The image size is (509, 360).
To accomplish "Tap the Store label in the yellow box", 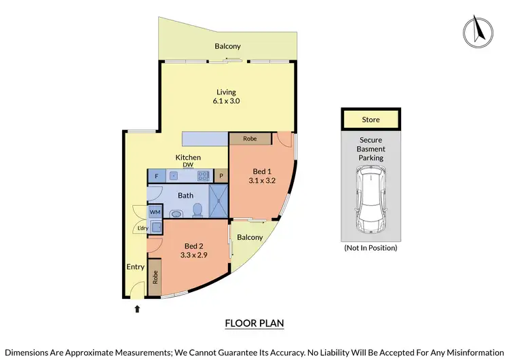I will [x=371, y=120].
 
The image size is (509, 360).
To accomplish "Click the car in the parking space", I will [x=371, y=201].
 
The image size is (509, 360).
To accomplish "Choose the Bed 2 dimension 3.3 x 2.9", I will [x=193, y=255].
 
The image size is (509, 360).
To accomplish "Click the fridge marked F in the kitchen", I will [x=157, y=176].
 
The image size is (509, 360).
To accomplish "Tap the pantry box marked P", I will [x=221, y=176].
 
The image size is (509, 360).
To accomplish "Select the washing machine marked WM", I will [x=155, y=211].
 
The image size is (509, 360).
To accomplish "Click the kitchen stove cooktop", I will [x=202, y=176].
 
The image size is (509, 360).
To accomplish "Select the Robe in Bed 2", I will [x=155, y=277].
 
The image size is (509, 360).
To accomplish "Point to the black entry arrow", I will [x=138, y=309].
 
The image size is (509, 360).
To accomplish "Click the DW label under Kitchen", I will [x=188, y=165].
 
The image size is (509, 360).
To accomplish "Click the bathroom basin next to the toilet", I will [x=176, y=213].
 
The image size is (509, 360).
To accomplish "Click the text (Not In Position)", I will [x=371, y=248].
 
